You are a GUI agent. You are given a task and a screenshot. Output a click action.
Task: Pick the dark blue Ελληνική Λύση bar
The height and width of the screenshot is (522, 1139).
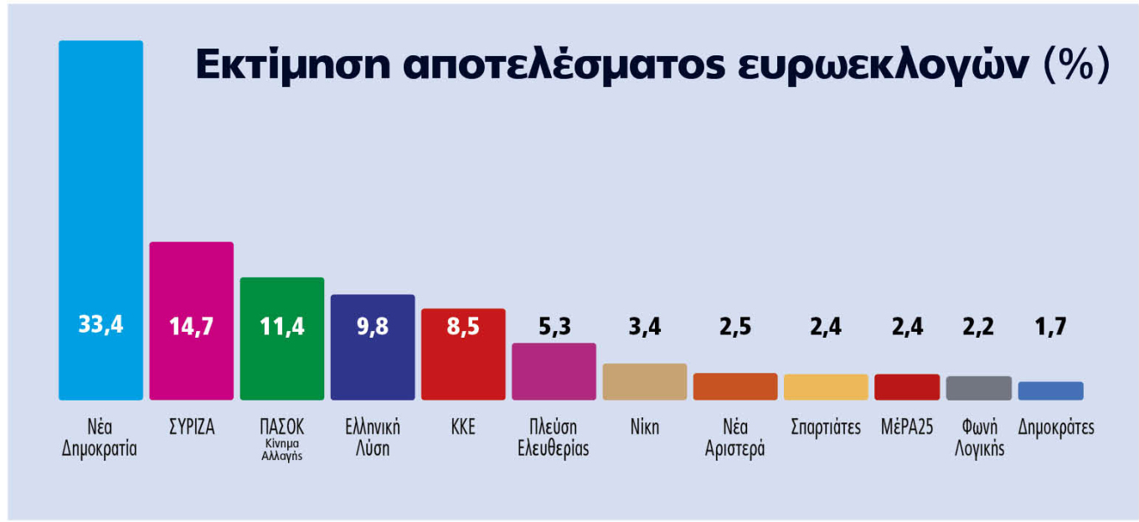[x=373, y=369]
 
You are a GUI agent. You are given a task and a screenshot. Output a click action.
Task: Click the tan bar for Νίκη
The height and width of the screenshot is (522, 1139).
[x=645, y=382]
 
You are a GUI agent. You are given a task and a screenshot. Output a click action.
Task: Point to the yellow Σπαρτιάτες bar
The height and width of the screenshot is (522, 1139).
[x=826, y=387]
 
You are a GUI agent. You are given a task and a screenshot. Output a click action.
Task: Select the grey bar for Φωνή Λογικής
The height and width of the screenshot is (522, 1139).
[x=978, y=388]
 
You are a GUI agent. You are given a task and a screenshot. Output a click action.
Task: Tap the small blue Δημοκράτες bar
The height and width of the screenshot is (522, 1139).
[x=1050, y=390]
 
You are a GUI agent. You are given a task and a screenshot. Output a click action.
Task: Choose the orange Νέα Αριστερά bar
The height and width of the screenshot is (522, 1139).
[x=735, y=386]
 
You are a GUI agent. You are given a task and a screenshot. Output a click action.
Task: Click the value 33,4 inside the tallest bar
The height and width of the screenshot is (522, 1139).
[x=100, y=325]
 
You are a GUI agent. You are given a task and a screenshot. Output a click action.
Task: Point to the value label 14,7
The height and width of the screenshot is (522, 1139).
[x=192, y=326]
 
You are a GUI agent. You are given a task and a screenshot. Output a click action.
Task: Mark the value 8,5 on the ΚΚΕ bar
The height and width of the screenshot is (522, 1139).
[x=463, y=326]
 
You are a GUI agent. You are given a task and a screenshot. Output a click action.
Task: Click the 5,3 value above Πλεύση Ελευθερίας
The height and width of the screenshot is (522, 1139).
[x=554, y=326]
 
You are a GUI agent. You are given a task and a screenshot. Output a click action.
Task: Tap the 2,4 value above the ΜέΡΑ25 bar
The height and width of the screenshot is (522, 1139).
[x=906, y=326]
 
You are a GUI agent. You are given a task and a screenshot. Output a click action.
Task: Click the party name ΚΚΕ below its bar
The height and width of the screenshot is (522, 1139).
[x=463, y=427]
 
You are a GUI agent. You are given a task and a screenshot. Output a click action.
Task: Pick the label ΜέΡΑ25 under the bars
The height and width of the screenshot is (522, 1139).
[x=907, y=427]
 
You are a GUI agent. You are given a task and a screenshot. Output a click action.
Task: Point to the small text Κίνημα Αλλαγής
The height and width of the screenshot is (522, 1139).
[x=281, y=450]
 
